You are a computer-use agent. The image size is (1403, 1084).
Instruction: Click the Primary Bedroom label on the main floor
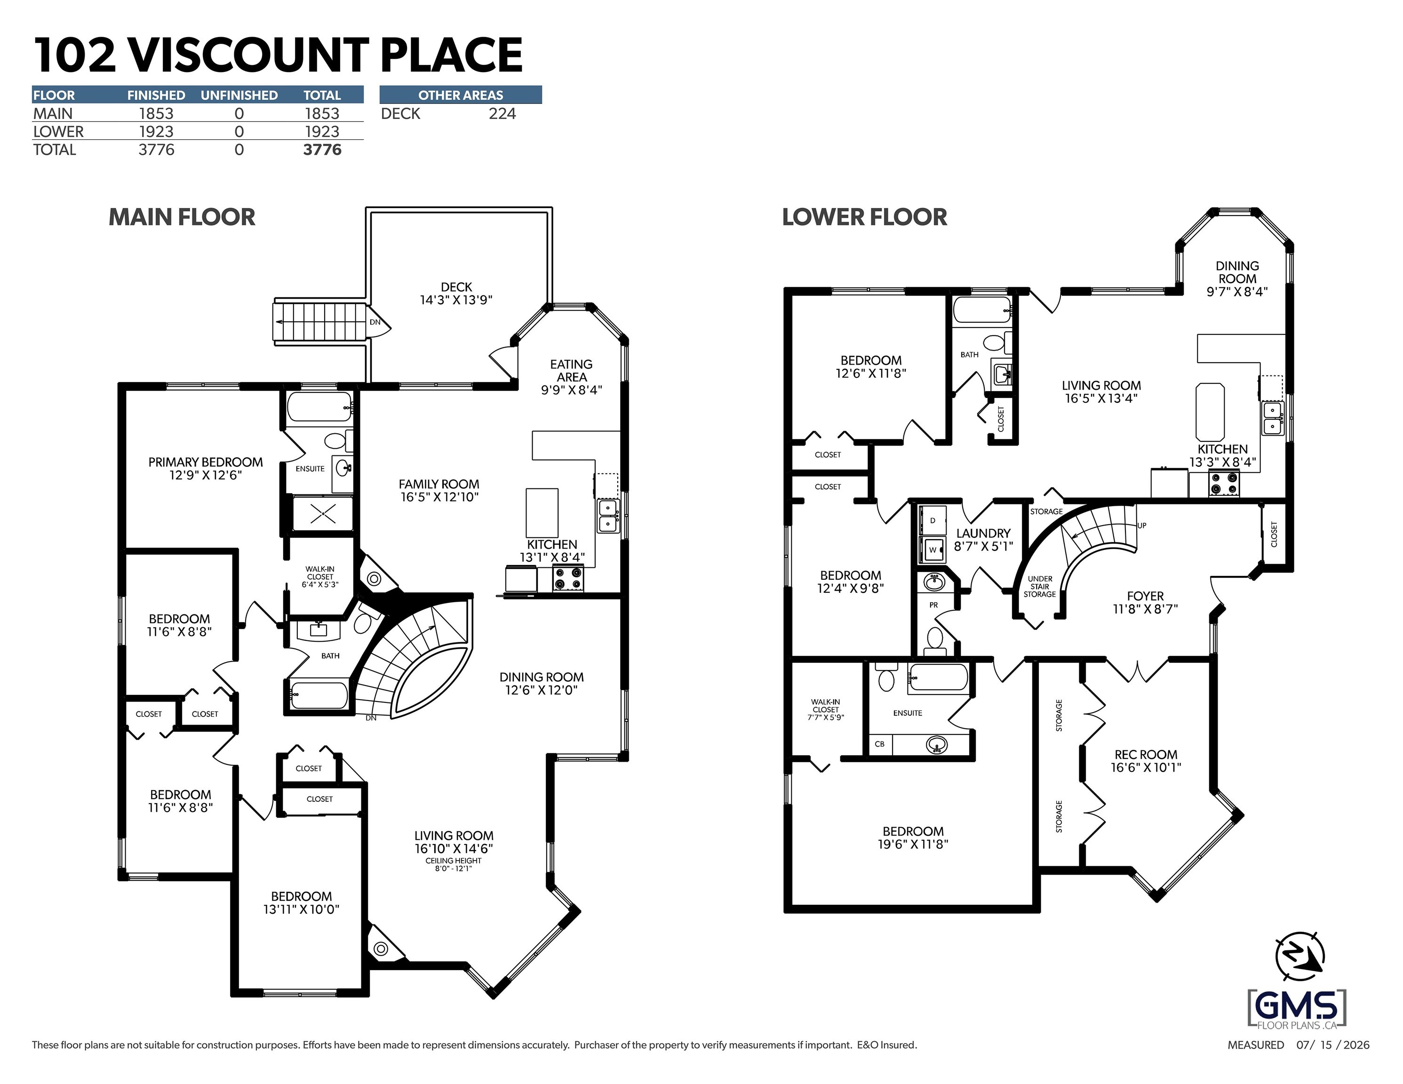(206, 462)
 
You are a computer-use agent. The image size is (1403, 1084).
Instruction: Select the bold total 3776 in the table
(322, 150)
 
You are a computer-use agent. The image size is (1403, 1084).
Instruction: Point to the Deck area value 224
(502, 114)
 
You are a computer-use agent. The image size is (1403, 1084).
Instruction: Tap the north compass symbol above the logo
(1299, 956)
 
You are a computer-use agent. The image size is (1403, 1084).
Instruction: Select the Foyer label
(1145, 596)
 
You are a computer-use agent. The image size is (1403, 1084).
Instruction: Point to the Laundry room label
(983, 534)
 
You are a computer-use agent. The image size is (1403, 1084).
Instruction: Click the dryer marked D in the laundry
(932, 520)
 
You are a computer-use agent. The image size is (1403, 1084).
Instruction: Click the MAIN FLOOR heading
(182, 217)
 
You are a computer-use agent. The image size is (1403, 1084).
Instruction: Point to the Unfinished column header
(239, 95)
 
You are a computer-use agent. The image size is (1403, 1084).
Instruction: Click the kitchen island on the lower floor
(1210, 412)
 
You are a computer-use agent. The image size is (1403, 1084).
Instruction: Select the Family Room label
(439, 484)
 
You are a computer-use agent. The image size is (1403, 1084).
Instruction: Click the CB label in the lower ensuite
(879, 744)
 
